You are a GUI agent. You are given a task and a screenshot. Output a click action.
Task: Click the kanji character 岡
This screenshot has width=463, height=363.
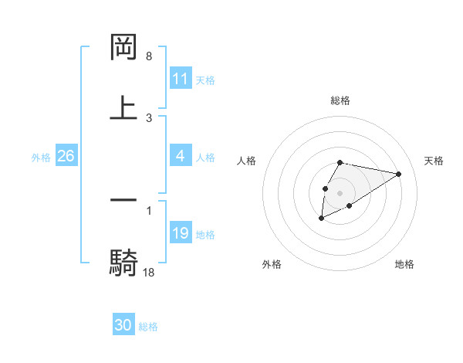click(x=123, y=48)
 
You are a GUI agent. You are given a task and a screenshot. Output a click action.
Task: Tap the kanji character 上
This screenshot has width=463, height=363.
click(x=123, y=108)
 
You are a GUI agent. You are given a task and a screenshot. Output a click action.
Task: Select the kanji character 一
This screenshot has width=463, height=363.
click(x=123, y=201)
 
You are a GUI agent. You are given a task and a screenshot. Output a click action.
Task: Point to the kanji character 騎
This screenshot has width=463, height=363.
click(x=123, y=262)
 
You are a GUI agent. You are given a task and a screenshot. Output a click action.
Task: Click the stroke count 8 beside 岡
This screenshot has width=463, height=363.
click(x=149, y=56)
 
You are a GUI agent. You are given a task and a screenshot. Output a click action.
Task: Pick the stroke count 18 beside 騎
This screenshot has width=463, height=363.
click(x=149, y=272)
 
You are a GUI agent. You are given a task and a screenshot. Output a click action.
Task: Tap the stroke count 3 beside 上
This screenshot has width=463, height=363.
click(x=149, y=117)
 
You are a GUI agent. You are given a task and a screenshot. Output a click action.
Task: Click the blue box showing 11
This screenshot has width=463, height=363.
click(x=181, y=79)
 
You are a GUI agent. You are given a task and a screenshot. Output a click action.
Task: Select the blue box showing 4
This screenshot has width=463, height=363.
click(x=181, y=156)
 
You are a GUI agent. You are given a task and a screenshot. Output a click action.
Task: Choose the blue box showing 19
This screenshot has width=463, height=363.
click(x=181, y=233)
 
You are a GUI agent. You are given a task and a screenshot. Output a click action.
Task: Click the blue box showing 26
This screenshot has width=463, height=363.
click(x=66, y=156)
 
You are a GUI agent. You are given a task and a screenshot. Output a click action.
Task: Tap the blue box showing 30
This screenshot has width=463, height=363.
click(x=123, y=325)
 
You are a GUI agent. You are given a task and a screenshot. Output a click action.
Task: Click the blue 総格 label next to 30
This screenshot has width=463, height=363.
click(x=148, y=327)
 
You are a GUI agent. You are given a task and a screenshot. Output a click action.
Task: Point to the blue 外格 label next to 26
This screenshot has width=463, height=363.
click(x=41, y=158)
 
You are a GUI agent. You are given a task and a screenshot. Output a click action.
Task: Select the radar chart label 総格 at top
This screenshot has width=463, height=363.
click(x=340, y=100)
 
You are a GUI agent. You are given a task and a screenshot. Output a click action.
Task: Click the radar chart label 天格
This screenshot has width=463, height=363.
click(x=434, y=161)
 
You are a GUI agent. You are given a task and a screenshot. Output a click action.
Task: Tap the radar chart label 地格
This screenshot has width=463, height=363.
click(x=404, y=264)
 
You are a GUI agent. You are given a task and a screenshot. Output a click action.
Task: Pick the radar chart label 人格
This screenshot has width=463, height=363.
click(x=247, y=161)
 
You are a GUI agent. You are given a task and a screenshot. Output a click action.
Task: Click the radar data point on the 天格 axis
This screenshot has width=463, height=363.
click(x=399, y=173)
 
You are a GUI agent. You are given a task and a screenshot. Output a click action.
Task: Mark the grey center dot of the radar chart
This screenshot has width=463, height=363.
click(x=340, y=192)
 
